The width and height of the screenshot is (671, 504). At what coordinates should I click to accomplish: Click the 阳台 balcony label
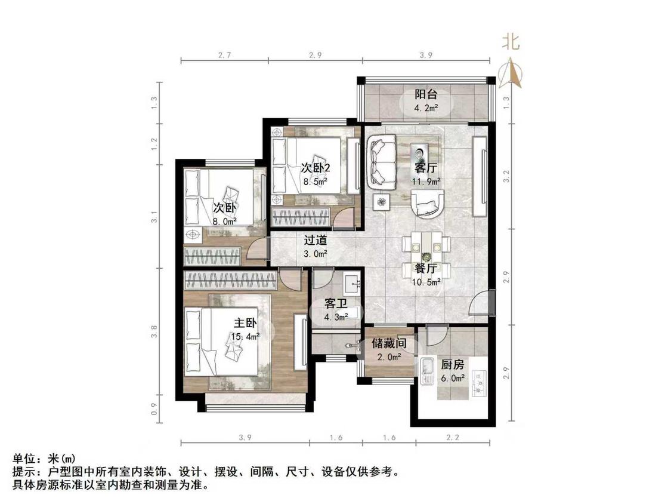click(x=426, y=94)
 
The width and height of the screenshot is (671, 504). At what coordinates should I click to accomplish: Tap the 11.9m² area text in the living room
click(x=426, y=182)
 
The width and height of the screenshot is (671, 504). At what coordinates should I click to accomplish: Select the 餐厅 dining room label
click(x=426, y=269)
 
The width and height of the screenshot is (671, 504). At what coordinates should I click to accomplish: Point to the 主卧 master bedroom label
click(x=245, y=322)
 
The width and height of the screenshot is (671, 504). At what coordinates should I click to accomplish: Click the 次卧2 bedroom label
click(x=316, y=168)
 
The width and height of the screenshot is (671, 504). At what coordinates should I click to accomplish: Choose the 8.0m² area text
click(x=225, y=222)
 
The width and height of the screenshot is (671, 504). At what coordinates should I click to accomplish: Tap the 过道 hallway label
click(x=316, y=240)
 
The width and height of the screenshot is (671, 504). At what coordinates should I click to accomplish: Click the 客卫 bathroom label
click(x=336, y=304)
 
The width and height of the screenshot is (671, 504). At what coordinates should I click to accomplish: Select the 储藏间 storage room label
click(x=389, y=343)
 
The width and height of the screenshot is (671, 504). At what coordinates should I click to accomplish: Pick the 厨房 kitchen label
click(x=453, y=365)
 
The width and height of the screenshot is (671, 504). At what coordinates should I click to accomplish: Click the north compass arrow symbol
click(x=511, y=73)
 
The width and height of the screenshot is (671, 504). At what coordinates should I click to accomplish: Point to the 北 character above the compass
click(x=511, y=42)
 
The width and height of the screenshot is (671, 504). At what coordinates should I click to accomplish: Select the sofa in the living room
click(x=384, y=161)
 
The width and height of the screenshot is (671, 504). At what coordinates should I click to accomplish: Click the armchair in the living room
click(x=428, y=204)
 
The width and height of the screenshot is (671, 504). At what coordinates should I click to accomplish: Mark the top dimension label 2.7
click(x=225, y=55)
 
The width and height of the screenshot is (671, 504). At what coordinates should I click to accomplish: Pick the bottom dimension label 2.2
click(x=453, y=438)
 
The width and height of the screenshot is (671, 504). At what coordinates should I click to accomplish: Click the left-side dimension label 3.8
click(x=154, y=331)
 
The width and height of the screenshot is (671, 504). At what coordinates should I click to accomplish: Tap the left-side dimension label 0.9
click(x=154, y=409)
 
